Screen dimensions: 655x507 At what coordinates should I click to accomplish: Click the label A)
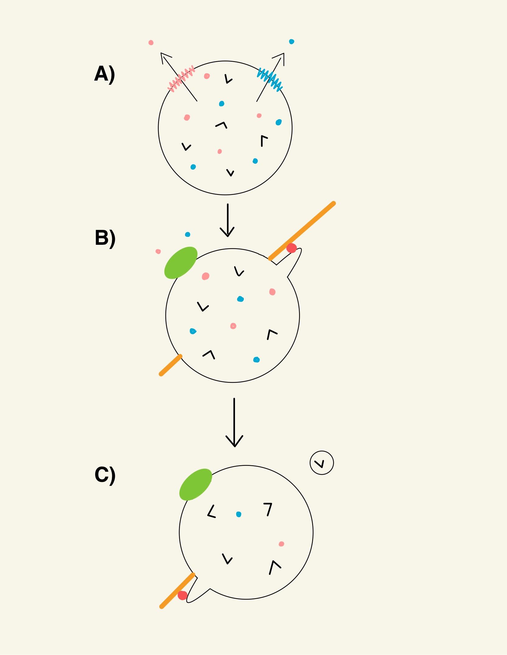105,74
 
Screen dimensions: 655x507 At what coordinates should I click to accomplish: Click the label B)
105,238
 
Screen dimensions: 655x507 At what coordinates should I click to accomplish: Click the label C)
105,475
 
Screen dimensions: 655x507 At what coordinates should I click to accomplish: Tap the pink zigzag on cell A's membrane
181,78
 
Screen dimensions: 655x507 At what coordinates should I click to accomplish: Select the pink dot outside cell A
151,43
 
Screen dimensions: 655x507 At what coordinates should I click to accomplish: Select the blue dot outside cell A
291,42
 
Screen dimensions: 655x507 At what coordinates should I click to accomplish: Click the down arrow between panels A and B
227,220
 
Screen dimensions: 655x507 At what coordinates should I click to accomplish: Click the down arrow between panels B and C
234,423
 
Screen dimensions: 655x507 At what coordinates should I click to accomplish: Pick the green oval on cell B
181,262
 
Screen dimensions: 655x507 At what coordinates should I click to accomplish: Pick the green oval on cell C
195,484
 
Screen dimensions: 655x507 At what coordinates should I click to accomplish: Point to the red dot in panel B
291,248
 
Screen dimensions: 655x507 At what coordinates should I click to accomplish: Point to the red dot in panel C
182,595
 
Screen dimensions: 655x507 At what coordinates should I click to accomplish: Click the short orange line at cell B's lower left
171,365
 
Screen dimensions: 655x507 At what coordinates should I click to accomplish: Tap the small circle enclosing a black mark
322,463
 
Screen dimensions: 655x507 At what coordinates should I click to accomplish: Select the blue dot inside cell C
239,514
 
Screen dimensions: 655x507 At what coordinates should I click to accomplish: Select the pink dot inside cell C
281,544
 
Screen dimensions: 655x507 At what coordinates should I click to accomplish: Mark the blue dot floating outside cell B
188,234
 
